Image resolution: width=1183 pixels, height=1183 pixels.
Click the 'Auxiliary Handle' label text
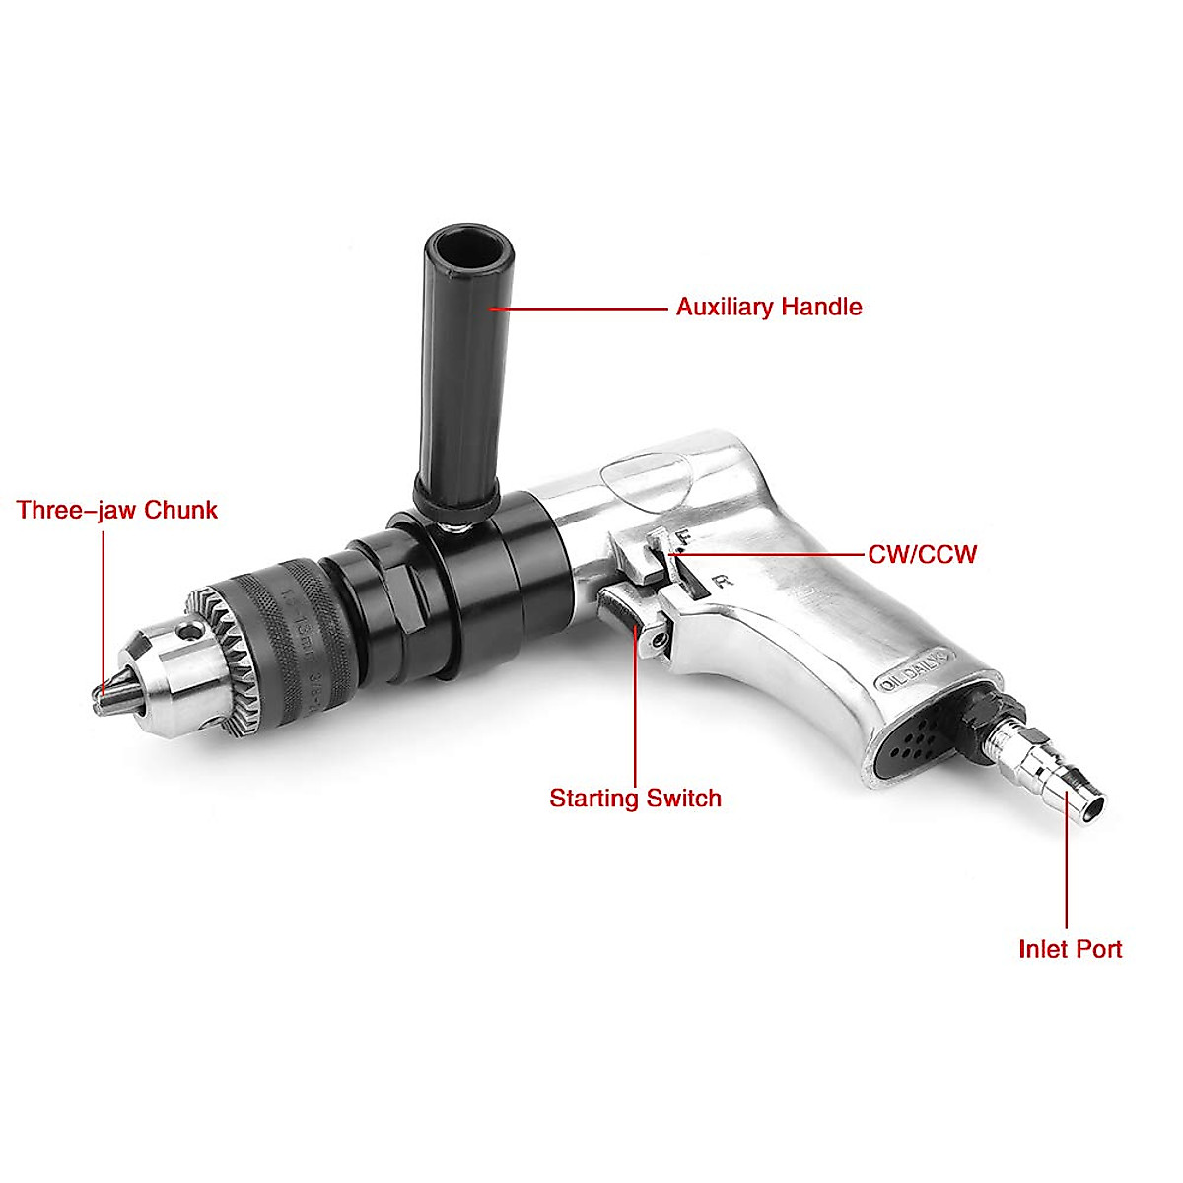coord(768,307)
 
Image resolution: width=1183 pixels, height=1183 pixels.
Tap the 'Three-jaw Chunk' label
coord(116,510)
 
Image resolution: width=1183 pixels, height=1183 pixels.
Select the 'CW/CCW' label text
coord(922,554)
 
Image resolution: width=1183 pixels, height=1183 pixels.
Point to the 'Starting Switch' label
coord(635,798)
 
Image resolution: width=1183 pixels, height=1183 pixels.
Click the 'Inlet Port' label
coord(1070,949)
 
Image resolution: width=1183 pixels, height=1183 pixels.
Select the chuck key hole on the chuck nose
coord(186,627)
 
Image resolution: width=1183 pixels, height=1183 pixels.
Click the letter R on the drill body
coord(726,581)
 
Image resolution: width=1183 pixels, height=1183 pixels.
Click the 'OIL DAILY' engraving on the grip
coord(912,671)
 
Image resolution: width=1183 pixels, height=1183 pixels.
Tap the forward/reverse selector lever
coord(652,558)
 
